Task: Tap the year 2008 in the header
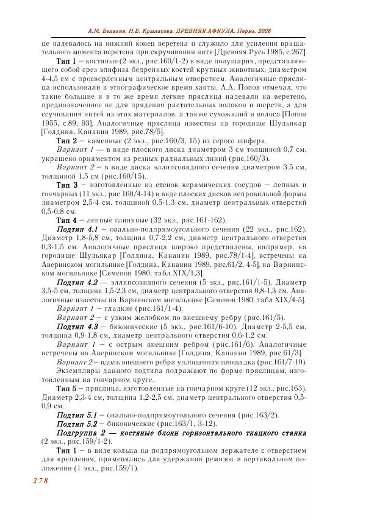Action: click(x=262, y=30)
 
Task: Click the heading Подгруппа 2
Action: click(x=85, y=432)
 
